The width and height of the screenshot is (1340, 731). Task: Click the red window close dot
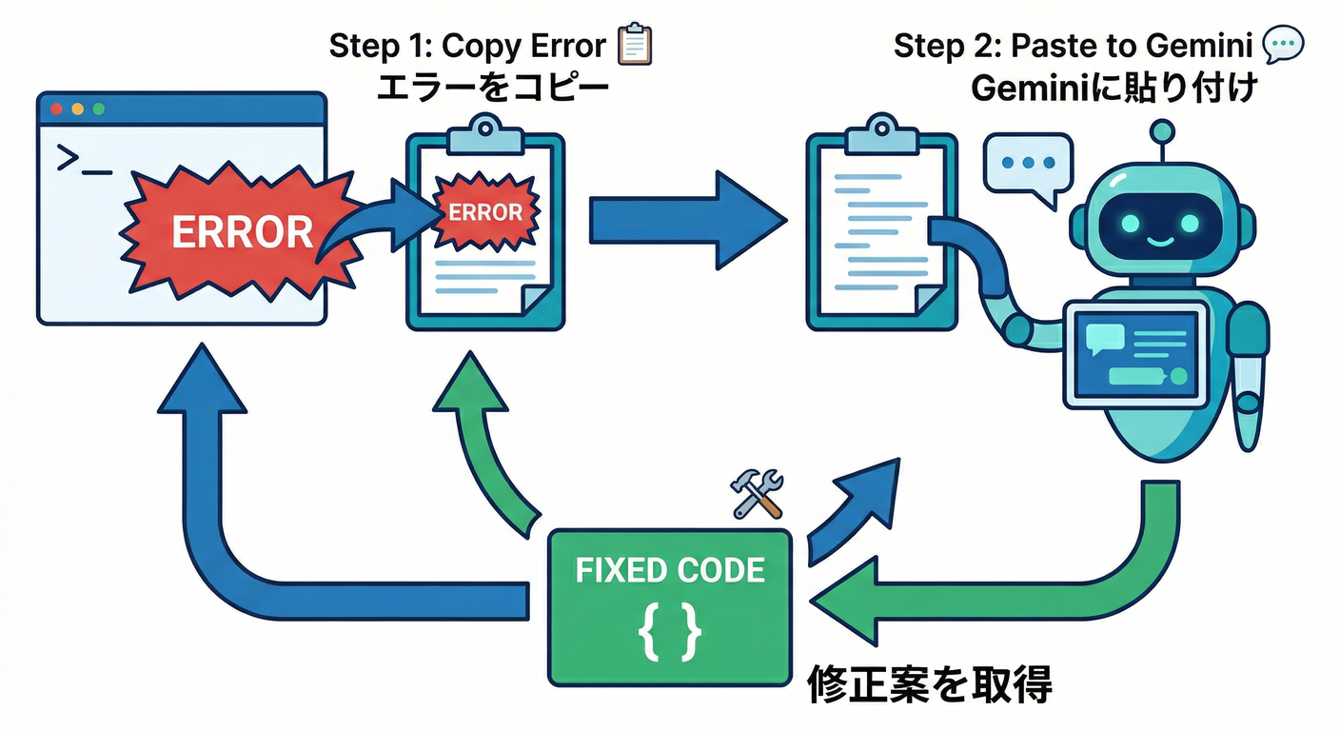coord(56,109)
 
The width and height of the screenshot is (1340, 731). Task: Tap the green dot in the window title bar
coord(97,109)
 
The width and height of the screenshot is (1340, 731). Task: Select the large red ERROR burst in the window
coord(241,231)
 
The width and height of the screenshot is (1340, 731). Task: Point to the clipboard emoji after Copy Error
coord(635,45)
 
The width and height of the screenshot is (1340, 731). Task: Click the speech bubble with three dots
coord(1029,166)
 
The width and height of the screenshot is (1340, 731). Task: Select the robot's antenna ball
coord(1160,130)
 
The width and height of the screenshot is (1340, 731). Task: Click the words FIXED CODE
coord(670,570)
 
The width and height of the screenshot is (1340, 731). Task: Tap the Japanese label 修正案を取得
coord(930,684)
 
